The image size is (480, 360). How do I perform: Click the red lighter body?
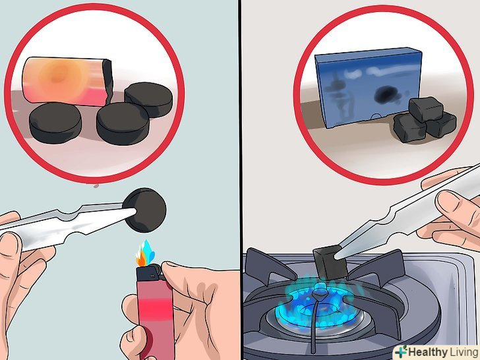click(x=154, y=318)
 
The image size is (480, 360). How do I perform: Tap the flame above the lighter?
click(x=145, y=253)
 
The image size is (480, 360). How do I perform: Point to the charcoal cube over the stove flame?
click(x=330, y=263)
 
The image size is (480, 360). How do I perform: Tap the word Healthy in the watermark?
click(x=427, y=352)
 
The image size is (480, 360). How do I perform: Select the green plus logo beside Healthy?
click(x=402, y=351)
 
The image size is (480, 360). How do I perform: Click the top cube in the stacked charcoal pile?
click(x=426, y=109)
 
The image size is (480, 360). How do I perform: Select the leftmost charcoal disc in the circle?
click(x=55, y=123)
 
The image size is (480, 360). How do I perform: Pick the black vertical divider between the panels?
click(x=241, y=180)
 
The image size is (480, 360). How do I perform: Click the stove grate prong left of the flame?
click(x=270, y=266)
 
